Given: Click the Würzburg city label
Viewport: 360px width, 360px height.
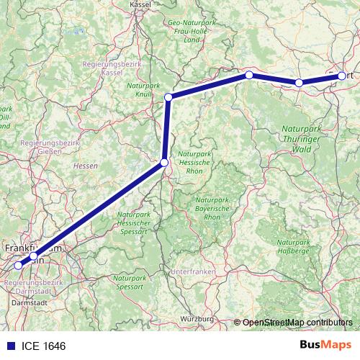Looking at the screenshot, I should [x=199, y=318].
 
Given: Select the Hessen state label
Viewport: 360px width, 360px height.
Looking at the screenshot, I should [x=85, y=166].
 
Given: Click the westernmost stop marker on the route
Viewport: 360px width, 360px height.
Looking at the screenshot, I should [x=18, y=265].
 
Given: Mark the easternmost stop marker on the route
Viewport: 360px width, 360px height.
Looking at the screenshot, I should [x=341, y=74].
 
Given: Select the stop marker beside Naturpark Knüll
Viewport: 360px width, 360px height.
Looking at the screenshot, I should [x=168, y=97].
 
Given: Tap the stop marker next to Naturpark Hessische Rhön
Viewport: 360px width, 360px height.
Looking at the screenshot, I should [x=164, y=163].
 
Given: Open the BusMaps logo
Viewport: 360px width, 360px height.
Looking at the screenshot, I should [x=326, y=345].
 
